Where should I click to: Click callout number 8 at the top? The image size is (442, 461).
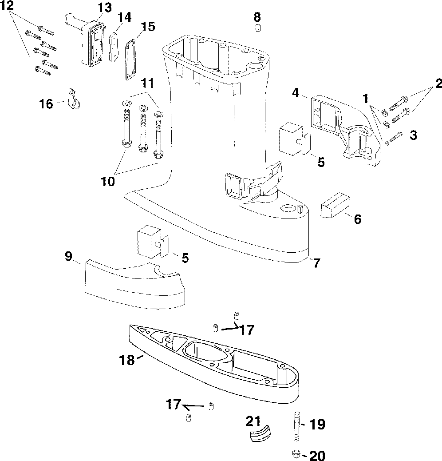click(x=257, y=17)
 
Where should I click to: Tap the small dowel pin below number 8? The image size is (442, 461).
click(x=258, y=28)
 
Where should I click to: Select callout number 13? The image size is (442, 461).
click(x=105, y=8)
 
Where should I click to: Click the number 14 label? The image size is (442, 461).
click(x=124, y=17)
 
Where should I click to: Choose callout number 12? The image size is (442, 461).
click(x=7, y=6)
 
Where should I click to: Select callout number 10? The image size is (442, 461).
click(x=108, y=181)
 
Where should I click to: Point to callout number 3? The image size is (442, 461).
click(x=414, y=135)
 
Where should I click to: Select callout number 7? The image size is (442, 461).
click(x=316, y=263)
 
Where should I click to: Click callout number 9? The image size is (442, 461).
click(x=68, y=256)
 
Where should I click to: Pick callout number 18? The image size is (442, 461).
click(x=127, y=360)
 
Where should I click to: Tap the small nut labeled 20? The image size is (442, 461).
click(x=296, y=454)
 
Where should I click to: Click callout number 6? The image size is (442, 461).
click(x=357, y=219)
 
